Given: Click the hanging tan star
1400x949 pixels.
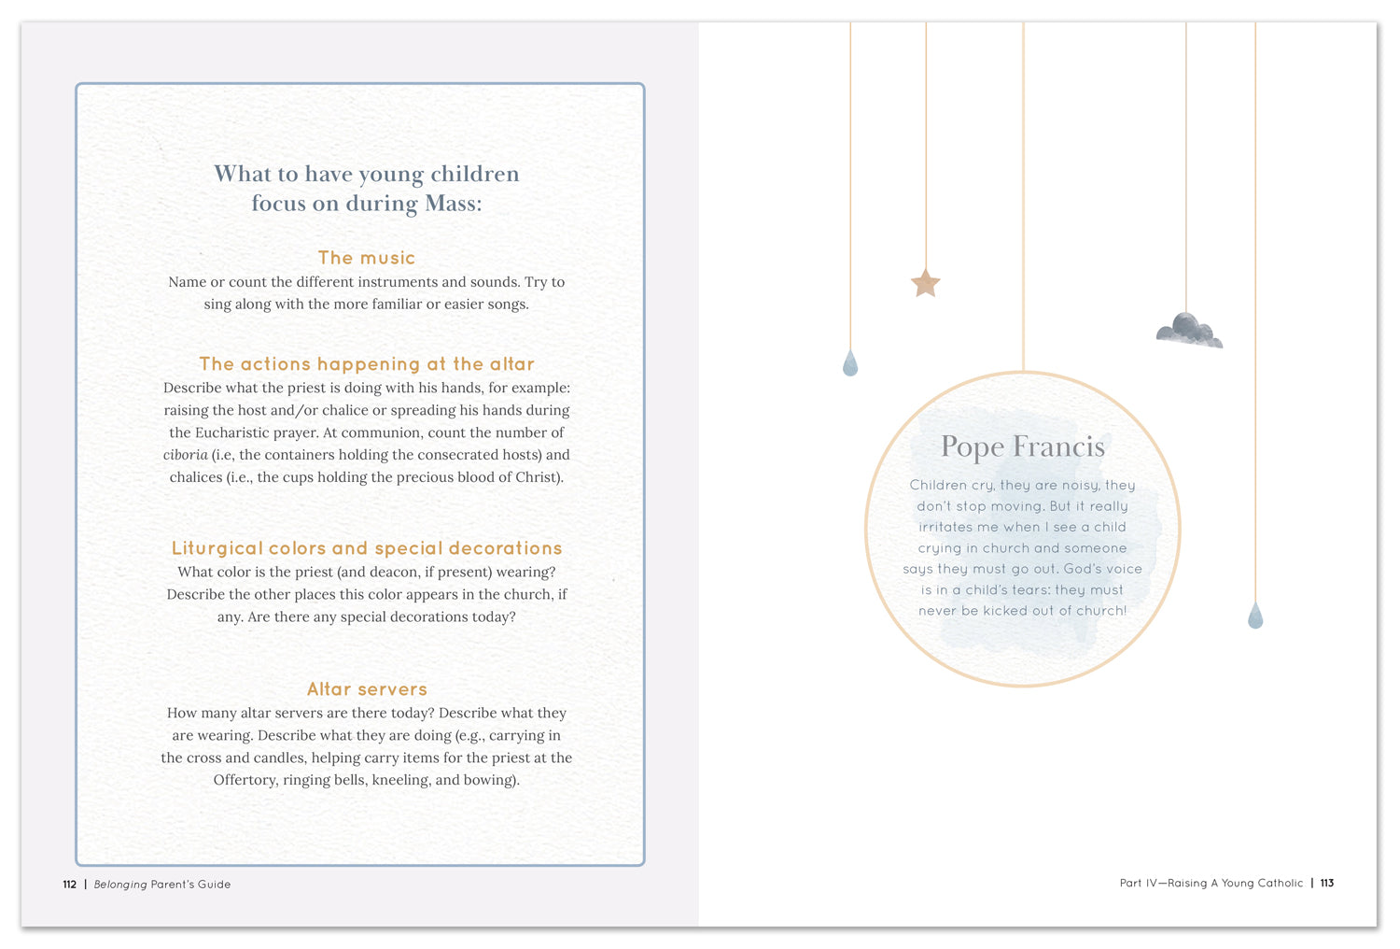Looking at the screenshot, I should pos(925,283).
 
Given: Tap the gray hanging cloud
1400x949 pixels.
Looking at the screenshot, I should pos(1188,331).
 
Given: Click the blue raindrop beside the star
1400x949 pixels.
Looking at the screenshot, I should pos(849,363).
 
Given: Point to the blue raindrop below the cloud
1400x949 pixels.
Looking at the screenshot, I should pos(1255,616).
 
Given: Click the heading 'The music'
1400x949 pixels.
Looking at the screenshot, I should pos(367,258).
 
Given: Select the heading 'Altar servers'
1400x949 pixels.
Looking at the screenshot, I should pos(367,689).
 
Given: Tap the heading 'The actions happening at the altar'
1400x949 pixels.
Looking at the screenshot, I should pos(367,364).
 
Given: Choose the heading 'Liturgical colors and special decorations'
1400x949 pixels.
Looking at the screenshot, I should pos(367,548).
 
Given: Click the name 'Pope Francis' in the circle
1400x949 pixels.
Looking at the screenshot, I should pos(1022,447).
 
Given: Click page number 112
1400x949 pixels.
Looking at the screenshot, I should pos(70,885).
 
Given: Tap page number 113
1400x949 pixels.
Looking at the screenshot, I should pos(1326,883).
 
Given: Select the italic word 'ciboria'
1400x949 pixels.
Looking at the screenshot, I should pos(185,455).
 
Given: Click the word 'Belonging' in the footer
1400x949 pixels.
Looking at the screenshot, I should pos(120,885).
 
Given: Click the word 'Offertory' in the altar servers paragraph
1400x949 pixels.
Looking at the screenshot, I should pos(244,780).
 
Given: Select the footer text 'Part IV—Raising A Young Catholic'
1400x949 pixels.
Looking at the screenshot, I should pos(1211,883).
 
